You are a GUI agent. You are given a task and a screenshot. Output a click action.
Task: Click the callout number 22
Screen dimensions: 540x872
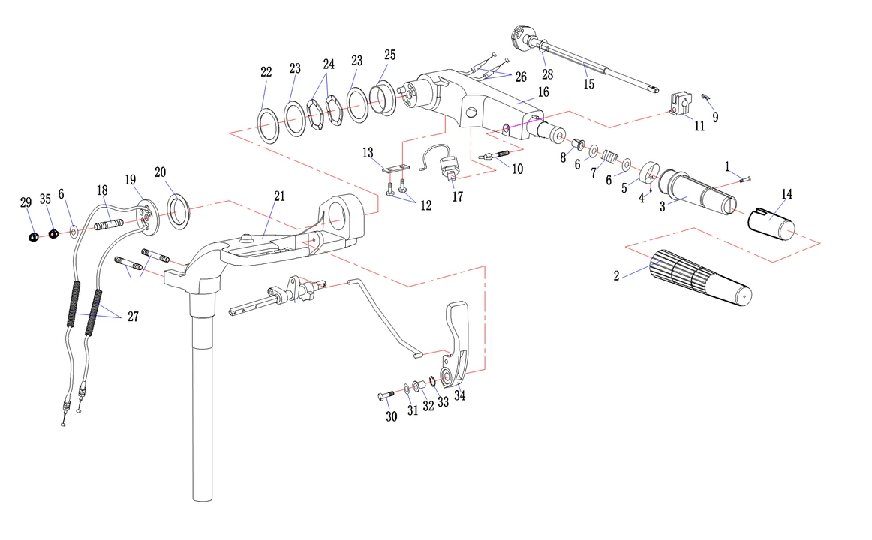(x=266, y=73)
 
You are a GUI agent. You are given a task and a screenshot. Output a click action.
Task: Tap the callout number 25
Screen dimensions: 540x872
(x=389, y=55)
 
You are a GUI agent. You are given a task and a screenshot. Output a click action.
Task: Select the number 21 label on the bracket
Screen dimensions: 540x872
(x=279, y=196)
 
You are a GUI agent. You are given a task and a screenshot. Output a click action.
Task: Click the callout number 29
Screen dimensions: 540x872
(x=26, y=202)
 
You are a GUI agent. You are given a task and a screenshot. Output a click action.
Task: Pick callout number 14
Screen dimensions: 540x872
(x=786, y=194)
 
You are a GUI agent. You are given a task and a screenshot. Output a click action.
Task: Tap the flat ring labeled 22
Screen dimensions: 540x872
(x=269, y=124)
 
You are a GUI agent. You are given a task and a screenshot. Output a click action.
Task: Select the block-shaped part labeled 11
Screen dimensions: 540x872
(x=682, y=106)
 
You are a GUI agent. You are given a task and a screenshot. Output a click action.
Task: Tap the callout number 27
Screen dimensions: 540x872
(x=133, y=316)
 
